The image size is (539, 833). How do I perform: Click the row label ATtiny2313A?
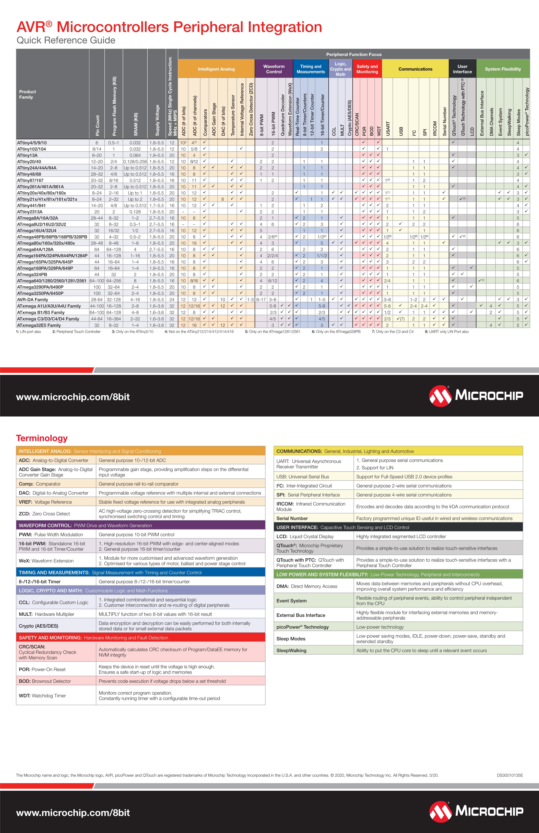[x=30, y=212]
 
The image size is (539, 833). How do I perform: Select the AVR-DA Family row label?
[x=33, y=300]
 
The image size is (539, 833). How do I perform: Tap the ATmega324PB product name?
[x=32, y=274]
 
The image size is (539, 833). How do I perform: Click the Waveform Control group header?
[x=274, y=69]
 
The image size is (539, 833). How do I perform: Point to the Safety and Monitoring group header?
[x=367, y=69]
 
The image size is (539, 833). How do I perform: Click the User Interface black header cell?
[x=462, y=69]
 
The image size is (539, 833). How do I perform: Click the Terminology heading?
[x=42, y=438]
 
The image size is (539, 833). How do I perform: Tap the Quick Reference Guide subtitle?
[x=66, y=40]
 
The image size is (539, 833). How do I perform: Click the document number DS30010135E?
[x=510, y=775]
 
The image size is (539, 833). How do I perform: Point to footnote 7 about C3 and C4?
[x=392, y=331]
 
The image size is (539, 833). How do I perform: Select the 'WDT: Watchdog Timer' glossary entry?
[x=42, y=695]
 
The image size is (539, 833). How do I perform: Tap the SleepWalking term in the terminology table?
[x=291, y=650]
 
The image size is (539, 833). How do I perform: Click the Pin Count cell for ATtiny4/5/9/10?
[x=97, y=143]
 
